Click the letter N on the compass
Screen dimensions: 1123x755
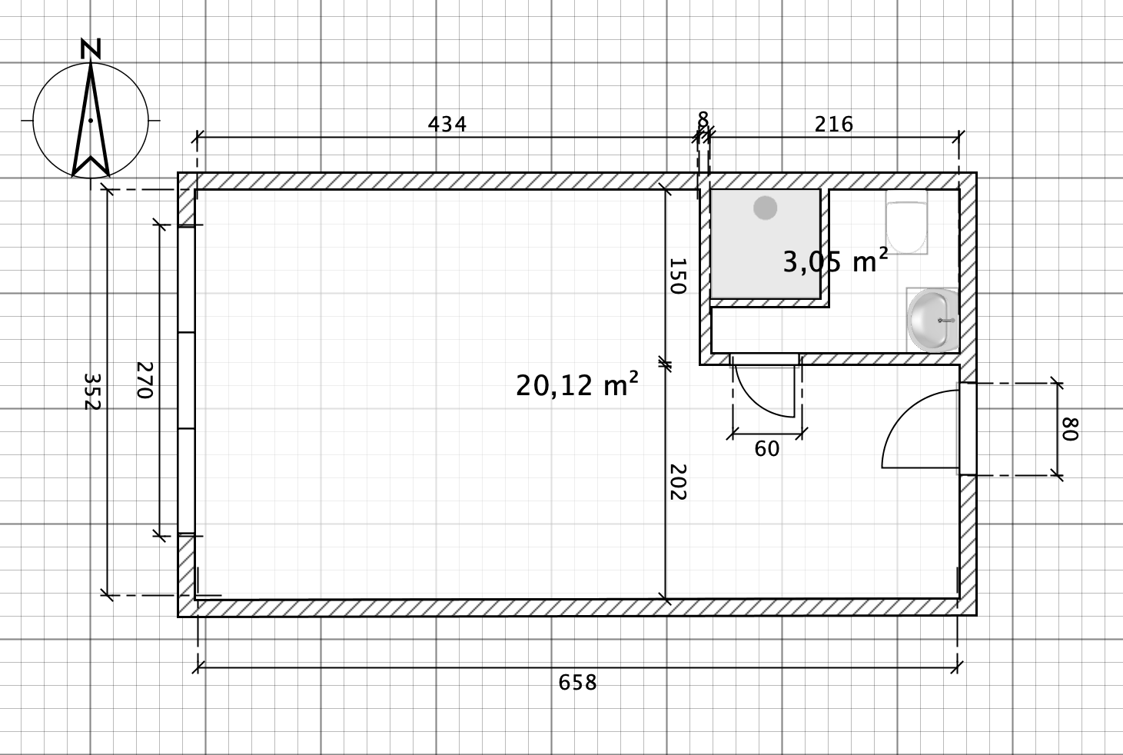coord(91,48)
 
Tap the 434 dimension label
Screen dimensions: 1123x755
coord(447,124)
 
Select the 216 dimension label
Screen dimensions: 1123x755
coord(833,124)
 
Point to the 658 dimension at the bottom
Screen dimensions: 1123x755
coord(577,682)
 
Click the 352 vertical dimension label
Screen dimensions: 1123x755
coord(91,391)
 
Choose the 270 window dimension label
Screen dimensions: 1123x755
coord(145,380)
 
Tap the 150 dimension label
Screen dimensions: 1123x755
coord(677,276)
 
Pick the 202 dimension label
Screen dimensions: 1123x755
coord(677,482)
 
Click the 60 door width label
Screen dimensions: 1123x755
coord(766,449)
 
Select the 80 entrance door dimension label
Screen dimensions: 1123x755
coord(1070,429)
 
